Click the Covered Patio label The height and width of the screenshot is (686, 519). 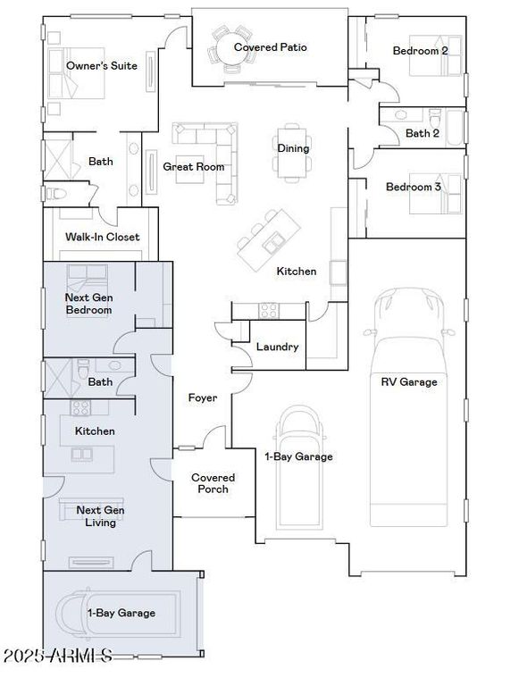[270, 47]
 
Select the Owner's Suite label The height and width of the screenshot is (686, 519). [102, 65]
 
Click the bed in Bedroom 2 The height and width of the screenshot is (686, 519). [435, 56]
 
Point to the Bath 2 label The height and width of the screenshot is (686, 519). [423, 133]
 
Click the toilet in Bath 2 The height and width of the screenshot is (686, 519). [435, 117]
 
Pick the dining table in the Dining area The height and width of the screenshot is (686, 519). [292, 152]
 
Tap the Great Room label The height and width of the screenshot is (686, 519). [194, 167]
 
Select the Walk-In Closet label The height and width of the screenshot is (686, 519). [103, 237]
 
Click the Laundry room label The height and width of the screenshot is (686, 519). [278, 347]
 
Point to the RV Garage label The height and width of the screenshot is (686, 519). [409, 382]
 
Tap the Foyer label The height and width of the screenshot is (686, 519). [203, 397]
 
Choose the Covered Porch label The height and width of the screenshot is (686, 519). [213, 483]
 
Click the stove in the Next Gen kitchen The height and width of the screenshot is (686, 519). [80, 407]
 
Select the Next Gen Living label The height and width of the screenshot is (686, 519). [100, 516]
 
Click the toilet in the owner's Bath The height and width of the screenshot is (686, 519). [55, 193]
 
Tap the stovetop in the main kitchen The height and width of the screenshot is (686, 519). [268, 311]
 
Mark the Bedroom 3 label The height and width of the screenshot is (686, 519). [413, 188]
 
